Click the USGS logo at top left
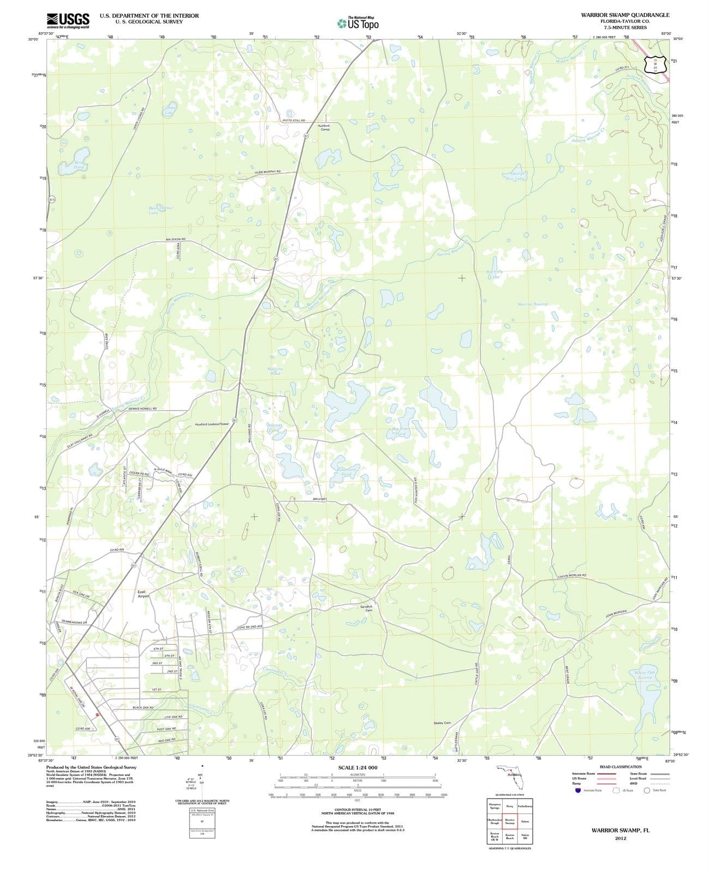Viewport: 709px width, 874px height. coord(68,20)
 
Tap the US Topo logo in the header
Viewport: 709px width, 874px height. coord(358,23)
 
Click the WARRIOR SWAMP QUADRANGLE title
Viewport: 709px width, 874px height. coord(625,15)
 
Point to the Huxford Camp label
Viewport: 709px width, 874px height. coord(324,127)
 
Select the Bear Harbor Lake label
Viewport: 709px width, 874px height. coord(160,210)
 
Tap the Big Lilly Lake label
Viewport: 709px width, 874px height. coord(494,274)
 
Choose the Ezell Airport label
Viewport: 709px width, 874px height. coord(142,593)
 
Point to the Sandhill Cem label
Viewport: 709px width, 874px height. coord(366,608)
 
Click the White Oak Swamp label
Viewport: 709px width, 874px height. coord(645,675)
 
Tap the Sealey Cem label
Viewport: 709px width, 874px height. coord(442,723)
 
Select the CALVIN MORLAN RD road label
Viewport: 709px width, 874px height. coord(571,575)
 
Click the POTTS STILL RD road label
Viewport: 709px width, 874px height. coord(294,120)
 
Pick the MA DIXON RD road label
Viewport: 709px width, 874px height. coord(176,239)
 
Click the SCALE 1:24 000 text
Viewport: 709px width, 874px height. coord(358,767)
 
